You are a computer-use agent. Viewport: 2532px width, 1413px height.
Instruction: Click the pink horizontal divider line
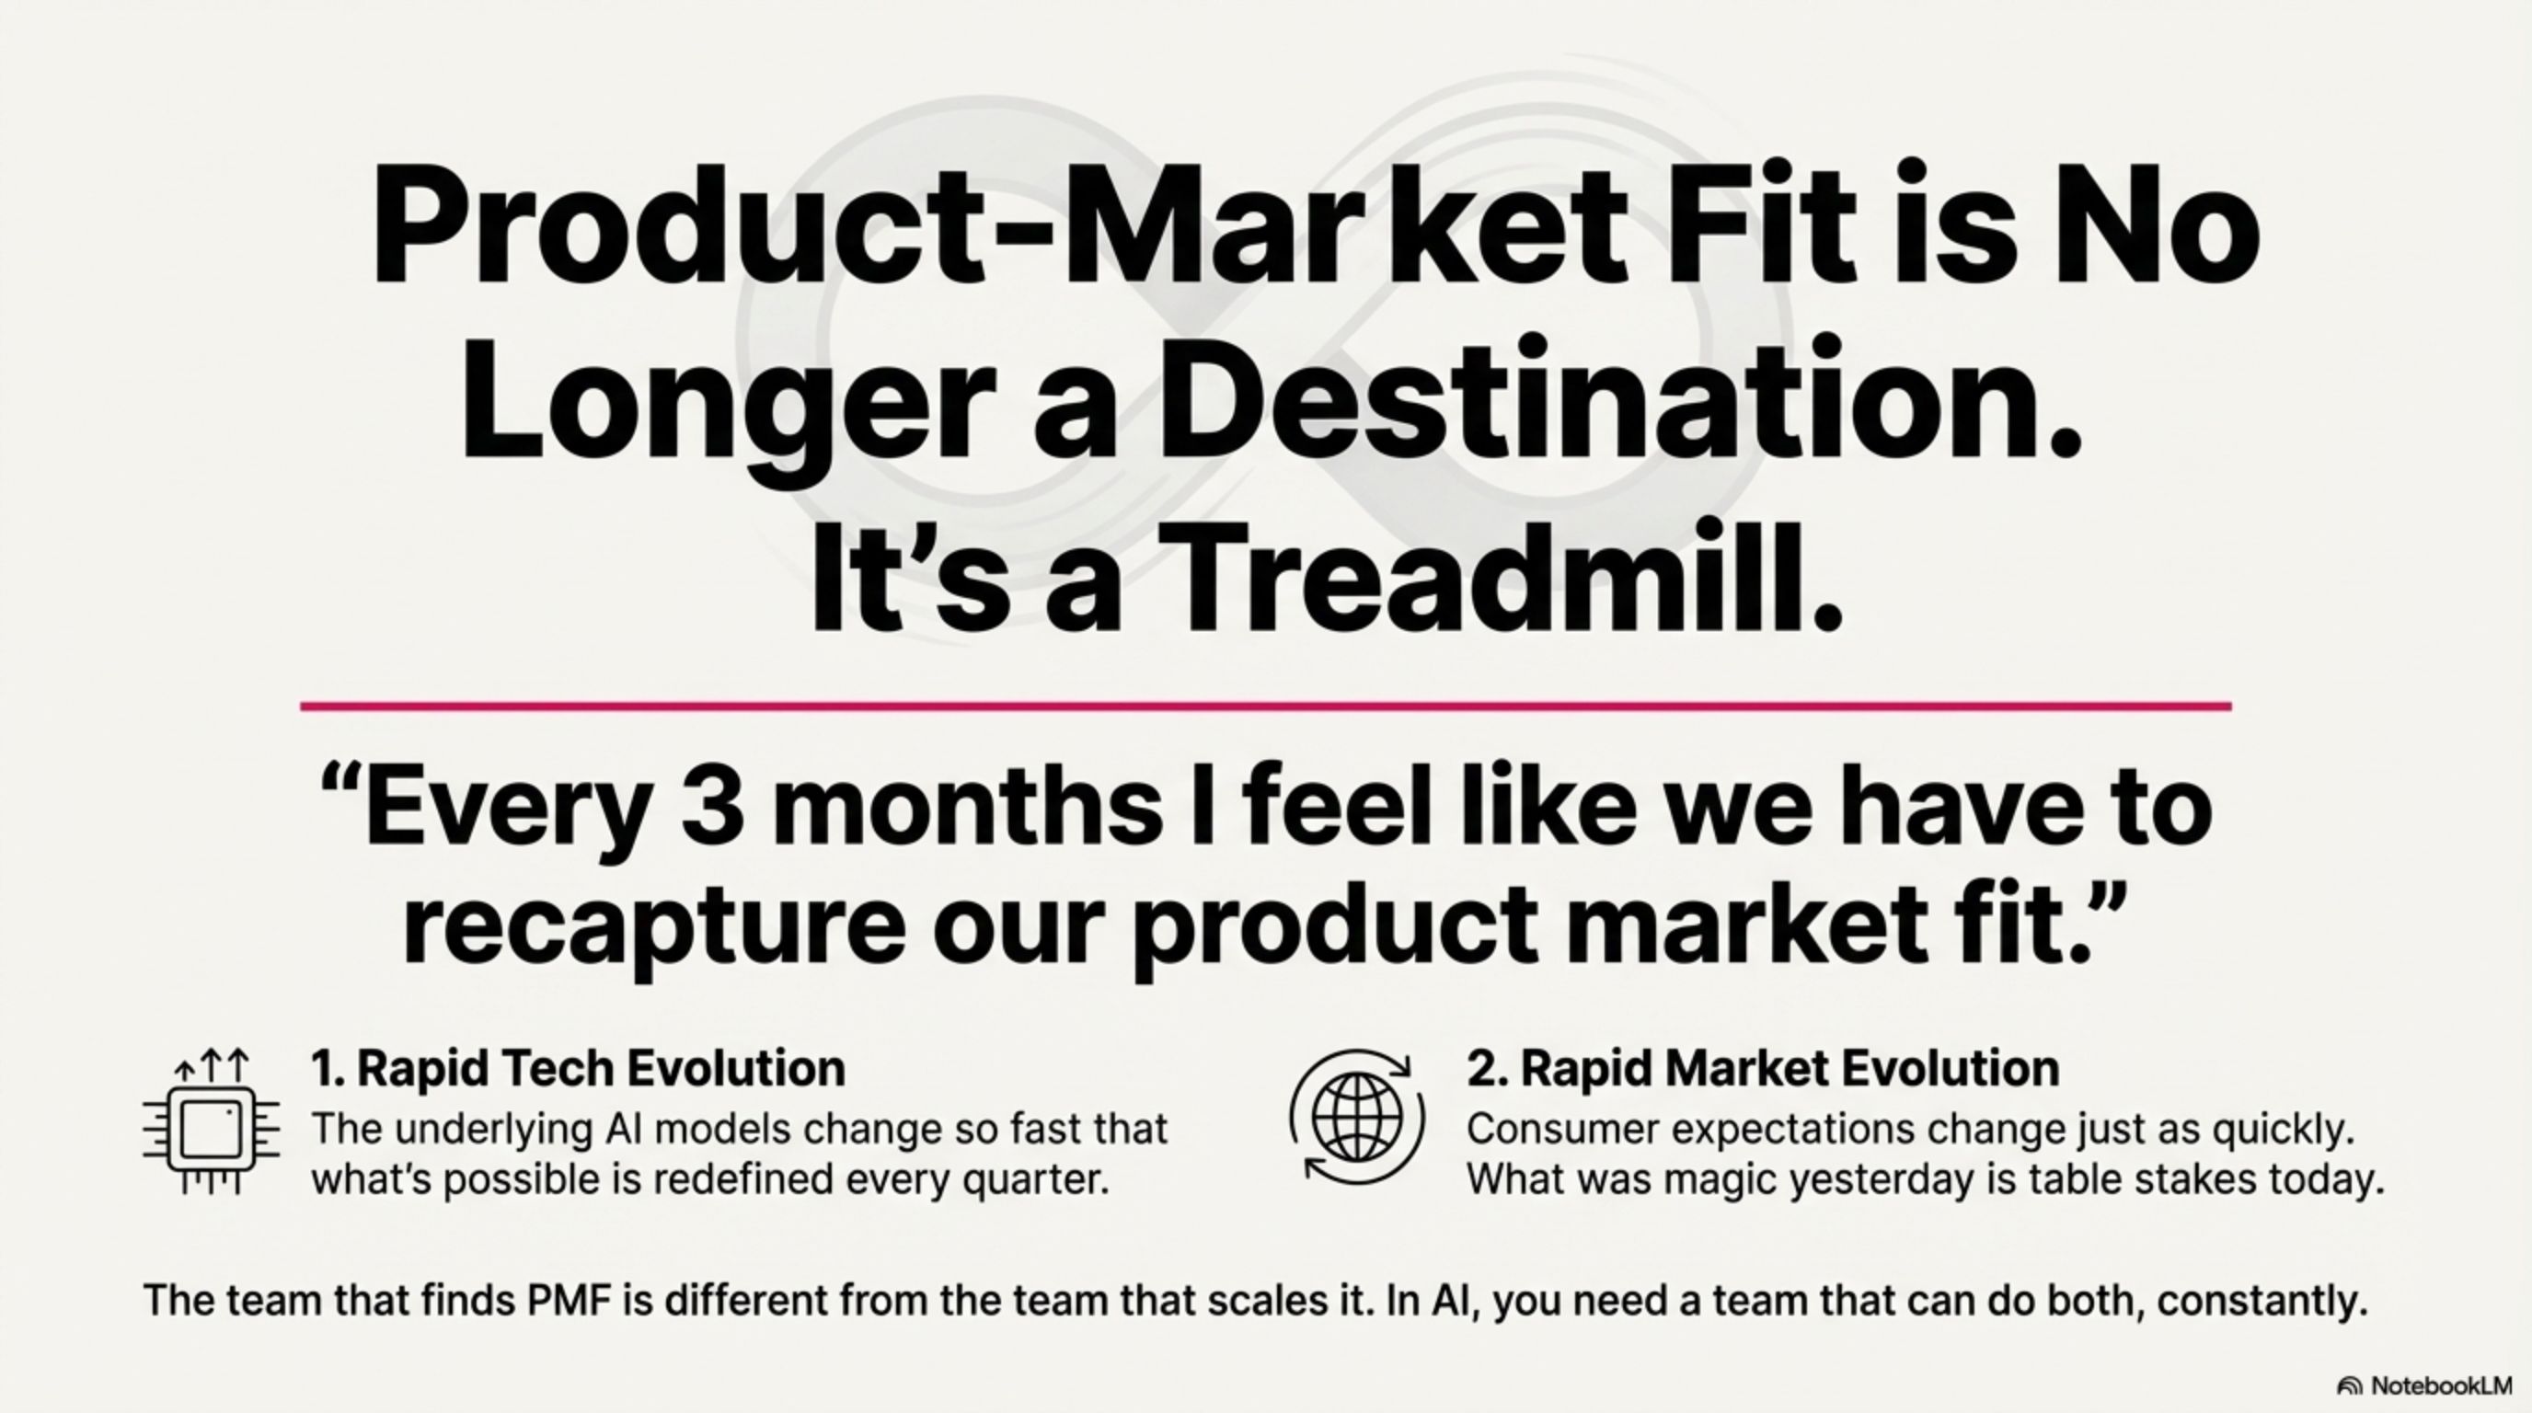coord(1266,706)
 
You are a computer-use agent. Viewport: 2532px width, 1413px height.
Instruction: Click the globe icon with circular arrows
coord(1357,1117)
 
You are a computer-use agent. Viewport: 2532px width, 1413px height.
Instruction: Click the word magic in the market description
coord(1721,1181)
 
